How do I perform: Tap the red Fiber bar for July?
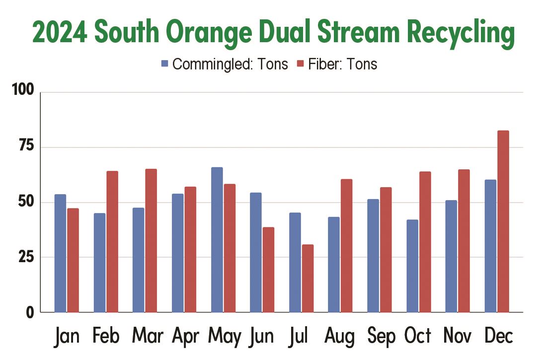click(308, 278)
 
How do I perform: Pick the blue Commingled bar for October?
click(412, 266)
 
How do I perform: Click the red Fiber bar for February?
click(112, 242)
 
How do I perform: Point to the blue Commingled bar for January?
click(60, 253)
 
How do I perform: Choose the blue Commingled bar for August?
click(334, 265)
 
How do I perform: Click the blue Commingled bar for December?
click(490, 246)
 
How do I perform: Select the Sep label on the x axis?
click(381, 337)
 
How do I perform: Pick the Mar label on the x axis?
click(148, 337)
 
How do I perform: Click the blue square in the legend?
click(165, 64)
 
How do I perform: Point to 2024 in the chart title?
click(60, 33)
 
